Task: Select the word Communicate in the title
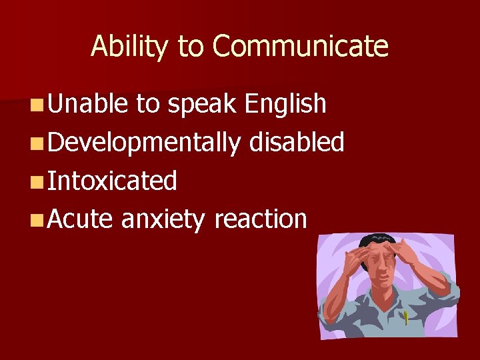pos(300,47)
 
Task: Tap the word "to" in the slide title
pos(191,47)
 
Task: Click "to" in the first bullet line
pos(147,104)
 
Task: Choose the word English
pos(285,105)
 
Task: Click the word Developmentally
pos(143,143)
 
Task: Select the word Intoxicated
pos(112,181)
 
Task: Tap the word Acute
pos(80,219)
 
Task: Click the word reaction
pos(260,219)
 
